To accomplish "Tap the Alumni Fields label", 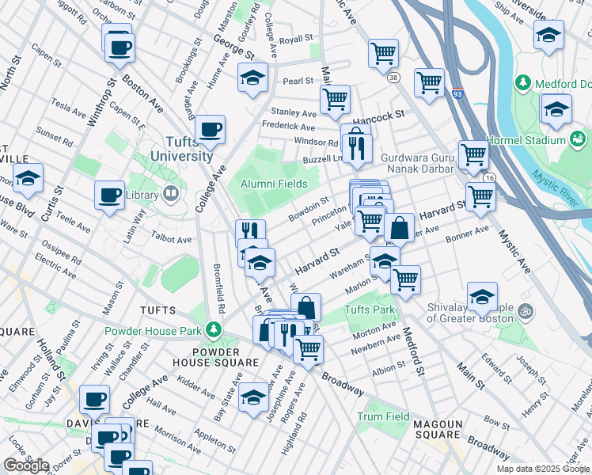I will coord(274,184).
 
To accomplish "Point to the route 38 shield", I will coord(393,77).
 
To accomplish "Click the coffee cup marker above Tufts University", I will coord(210,130).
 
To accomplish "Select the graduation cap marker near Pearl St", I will coord(252,78).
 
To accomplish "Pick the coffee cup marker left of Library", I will coord(109,195).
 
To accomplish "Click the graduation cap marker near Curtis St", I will coord(28,179).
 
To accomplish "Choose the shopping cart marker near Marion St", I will coord(405,279).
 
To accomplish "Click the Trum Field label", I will coord(383,416).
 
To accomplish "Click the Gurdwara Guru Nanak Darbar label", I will coord(417,163).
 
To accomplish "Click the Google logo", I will coord(25,465).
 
